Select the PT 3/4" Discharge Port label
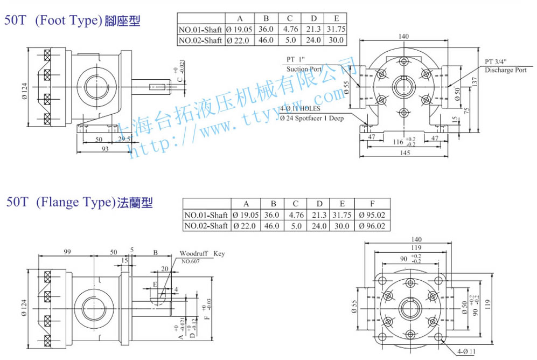505,66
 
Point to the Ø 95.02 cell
372,215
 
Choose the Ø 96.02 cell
372,226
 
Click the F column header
372,204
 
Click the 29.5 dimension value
124,139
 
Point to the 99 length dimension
67,252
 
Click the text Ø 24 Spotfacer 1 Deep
311,117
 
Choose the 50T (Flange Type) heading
79,203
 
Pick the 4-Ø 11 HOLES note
300,109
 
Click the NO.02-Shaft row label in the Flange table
206,226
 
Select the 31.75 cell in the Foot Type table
336,29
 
